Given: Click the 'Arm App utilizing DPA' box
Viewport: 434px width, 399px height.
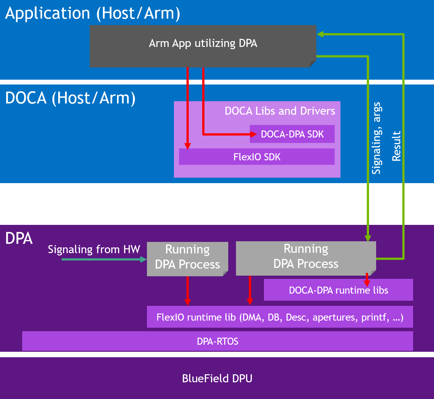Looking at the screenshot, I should coord(203,43).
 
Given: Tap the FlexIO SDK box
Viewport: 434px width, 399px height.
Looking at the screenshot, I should coord(257,157).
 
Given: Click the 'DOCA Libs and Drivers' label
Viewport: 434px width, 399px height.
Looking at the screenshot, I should coord(280,111).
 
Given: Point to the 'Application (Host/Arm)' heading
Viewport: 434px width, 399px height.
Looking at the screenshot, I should coord(93,13).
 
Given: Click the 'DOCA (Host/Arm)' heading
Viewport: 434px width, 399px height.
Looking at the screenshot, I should coord(70,98).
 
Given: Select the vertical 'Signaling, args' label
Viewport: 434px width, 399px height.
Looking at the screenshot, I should coord(376,138).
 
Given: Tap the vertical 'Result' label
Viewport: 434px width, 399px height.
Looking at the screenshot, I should coord(396,146).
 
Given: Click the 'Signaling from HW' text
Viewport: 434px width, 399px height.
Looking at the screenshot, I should coord(94,249).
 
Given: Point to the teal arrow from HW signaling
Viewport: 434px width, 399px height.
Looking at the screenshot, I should coord(103,259).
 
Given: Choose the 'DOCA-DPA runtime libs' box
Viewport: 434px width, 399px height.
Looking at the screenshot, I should coord(338,290).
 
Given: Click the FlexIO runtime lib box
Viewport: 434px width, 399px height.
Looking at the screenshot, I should coord(280,317).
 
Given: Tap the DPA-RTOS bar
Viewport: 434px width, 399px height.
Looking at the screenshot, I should coord(217,341).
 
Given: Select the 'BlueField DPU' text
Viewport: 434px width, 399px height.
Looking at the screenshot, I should coord(217,378).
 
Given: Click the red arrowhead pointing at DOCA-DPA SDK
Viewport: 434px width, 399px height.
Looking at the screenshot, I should coord(253,134).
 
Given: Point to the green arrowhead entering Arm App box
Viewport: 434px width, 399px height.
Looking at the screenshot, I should coord(320,34).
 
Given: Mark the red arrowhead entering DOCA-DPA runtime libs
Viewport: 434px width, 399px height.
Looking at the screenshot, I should coord(367,283).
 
